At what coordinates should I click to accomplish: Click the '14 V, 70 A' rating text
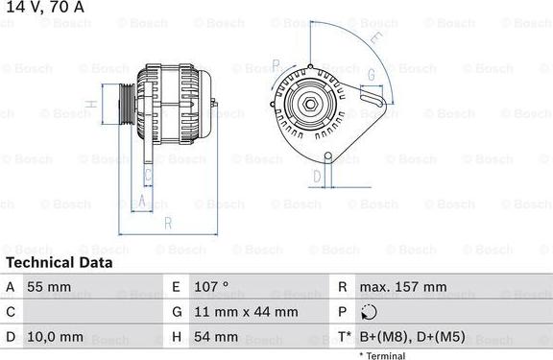tap(43, 9)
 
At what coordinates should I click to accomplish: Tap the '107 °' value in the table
tap(211, 287)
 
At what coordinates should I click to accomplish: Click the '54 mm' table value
tap(217, 337)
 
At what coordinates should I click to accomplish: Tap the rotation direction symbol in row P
tap(371, 312)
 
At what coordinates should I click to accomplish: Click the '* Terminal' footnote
tap(382, 355)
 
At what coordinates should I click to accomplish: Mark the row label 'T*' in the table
tap(343, 337)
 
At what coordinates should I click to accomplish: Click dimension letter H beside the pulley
tap(89, 104)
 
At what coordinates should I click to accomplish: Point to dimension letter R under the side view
tap(167, 224)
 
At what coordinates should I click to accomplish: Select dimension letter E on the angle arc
tap(375, 38)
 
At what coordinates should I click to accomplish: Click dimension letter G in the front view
tap(371, 73)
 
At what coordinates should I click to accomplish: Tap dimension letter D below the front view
tap(318, 176)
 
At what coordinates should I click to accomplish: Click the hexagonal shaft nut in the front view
tap(311, 104)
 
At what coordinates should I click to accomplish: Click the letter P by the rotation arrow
tap(276, 64)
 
